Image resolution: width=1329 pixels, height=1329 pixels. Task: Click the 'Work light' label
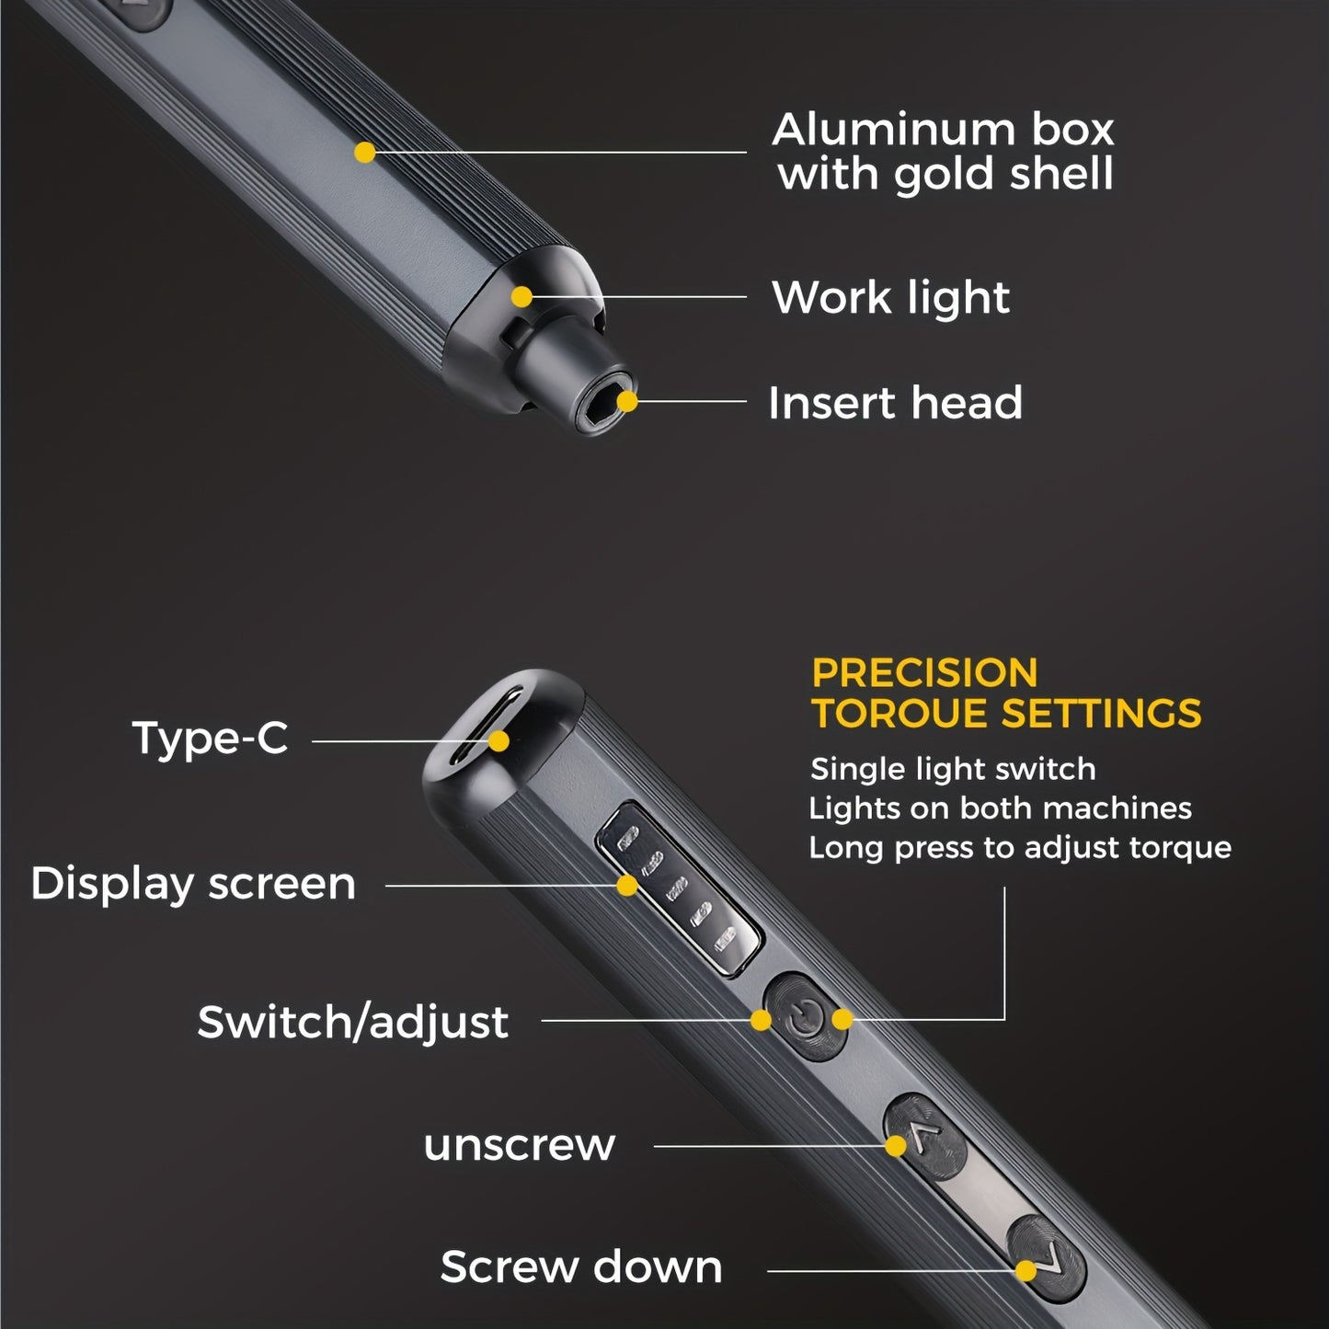click(890, 298)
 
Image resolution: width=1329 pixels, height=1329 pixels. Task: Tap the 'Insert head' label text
click(895, 403)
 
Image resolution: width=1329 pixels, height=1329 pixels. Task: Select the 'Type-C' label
click(210, 738)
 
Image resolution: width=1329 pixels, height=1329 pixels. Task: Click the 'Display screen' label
click(193, 884)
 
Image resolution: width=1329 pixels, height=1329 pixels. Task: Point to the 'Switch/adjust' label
click(352, 1022)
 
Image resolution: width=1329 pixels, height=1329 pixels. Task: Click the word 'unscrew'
click(519, 1145)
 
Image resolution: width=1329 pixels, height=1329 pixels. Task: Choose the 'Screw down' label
click(581, 1266)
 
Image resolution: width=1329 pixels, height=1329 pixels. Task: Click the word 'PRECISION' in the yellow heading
click(924, 673)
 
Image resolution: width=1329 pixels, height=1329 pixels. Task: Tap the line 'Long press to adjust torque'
click(1020, 847)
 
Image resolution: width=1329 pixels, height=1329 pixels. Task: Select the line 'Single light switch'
click(953, 769)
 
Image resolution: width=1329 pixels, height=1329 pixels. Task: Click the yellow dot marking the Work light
click(521, 296)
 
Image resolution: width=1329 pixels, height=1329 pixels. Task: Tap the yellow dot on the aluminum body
click(365, 153)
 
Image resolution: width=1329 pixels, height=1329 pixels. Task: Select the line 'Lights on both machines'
click(1000, 808)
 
